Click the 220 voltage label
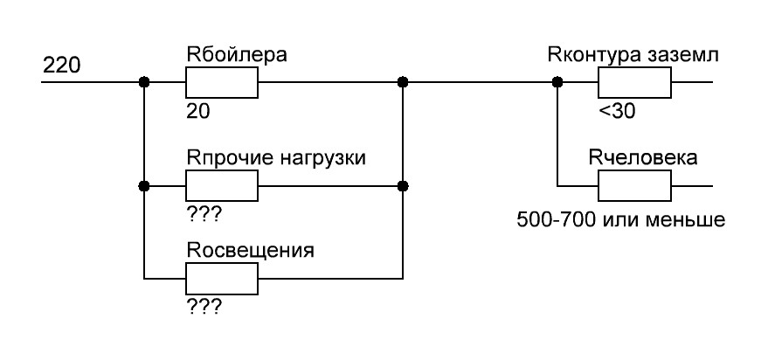point(61,66)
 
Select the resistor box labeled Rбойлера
point(222,83)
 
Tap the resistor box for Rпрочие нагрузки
point(222,186)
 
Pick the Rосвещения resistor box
point(222,279)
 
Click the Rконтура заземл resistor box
point(633,83)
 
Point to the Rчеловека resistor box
point(633,186)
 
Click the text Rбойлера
point(237,56)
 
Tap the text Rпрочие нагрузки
point(275,158)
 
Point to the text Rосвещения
point(251,251)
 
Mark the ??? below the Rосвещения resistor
point(204,307)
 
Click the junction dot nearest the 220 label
point(144,83)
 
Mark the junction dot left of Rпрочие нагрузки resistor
point(144,186)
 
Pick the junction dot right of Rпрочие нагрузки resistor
point(403,186)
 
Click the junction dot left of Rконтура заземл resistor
point(557,83)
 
